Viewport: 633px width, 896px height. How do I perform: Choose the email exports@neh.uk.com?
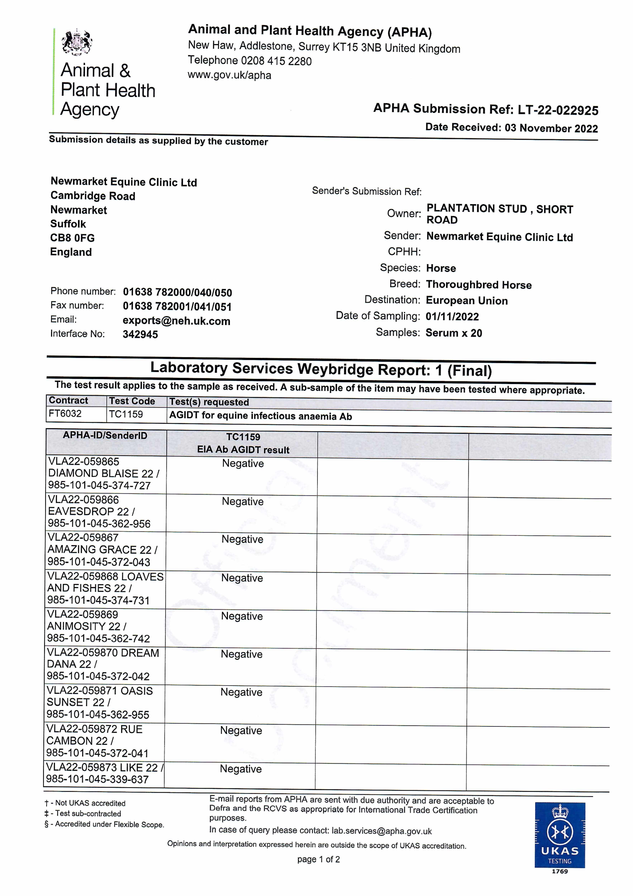[176, 321]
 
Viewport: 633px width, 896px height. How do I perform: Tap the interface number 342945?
[140, 334]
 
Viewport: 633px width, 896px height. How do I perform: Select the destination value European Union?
[467, 301]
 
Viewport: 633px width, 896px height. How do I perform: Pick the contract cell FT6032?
[65, 414]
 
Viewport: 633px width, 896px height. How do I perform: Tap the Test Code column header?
[132, 401]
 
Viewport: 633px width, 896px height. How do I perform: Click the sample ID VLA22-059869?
[83, 614]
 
